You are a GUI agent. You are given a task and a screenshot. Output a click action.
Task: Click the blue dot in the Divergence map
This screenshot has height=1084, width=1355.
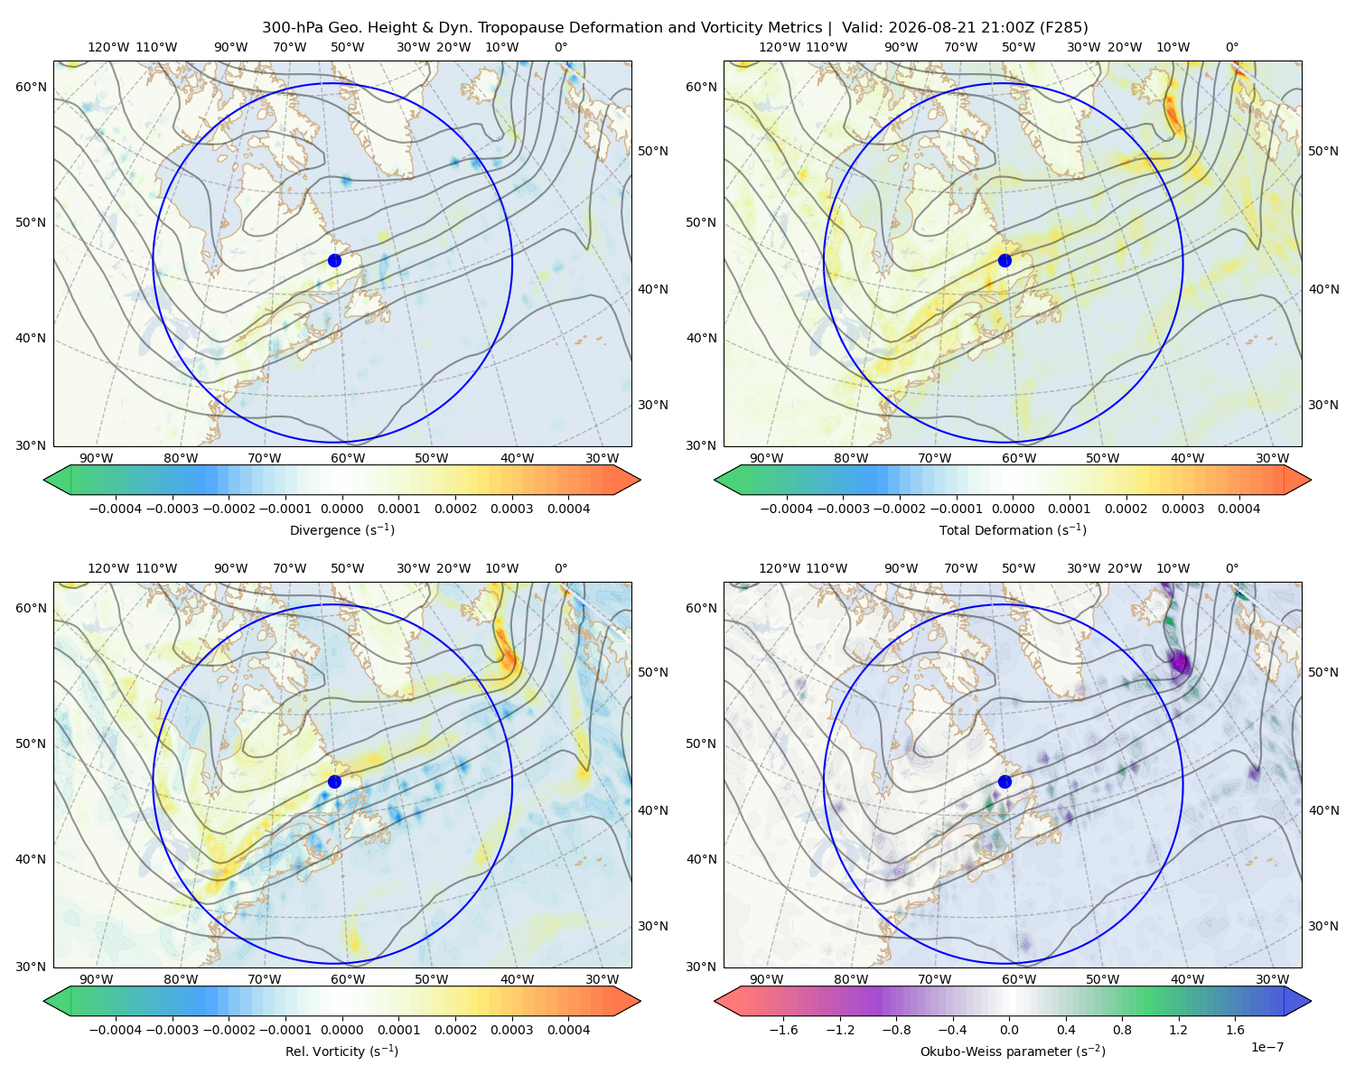334,261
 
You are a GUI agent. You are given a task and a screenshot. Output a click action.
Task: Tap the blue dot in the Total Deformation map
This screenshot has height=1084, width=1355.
1005,261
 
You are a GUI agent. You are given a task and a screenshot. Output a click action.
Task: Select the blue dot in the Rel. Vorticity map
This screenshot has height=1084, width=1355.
334,781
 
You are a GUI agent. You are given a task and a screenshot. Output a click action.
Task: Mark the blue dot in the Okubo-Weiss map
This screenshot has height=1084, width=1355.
1005,781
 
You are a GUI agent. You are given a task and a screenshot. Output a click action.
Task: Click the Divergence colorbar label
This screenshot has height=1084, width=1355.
341,530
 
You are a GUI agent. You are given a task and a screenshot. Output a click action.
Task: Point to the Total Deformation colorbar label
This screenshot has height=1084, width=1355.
1013,530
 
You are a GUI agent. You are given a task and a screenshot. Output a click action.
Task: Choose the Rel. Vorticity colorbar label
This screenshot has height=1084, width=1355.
341,1051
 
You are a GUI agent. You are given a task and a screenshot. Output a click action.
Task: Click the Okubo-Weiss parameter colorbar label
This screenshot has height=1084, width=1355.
1013,1051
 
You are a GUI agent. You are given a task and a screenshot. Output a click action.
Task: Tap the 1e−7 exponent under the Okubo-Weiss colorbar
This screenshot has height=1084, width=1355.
1266,1047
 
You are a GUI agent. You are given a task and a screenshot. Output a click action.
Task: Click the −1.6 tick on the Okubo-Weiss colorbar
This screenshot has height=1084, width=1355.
784,1030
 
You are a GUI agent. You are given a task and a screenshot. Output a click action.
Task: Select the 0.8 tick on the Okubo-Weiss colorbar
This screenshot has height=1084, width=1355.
1122,1030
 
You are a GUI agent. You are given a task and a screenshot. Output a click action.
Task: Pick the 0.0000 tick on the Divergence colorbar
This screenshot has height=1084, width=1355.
341,509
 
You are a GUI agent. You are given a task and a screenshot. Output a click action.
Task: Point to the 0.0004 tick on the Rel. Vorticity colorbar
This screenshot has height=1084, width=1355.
568,1030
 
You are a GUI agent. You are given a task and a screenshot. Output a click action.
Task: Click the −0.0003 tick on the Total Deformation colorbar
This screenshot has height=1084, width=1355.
843,509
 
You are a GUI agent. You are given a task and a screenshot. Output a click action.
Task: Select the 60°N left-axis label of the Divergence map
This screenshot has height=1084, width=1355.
31,87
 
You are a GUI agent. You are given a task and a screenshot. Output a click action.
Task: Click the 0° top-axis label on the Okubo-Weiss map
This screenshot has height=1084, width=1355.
1232,568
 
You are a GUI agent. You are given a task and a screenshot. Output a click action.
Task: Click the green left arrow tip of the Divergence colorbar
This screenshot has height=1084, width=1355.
44,481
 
